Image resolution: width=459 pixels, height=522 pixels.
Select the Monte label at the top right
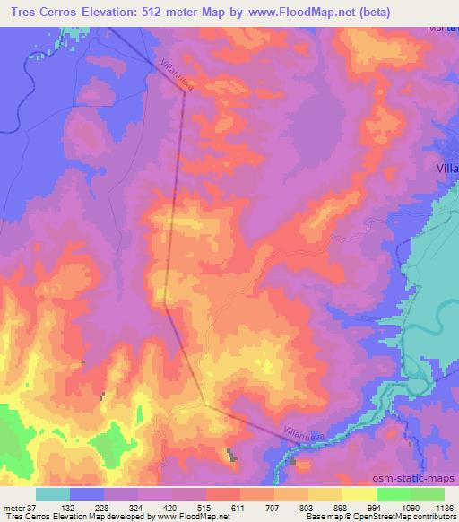point(442,29)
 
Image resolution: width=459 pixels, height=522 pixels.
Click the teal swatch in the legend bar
point(53,493)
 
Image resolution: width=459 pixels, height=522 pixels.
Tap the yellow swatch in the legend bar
point(359,493)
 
